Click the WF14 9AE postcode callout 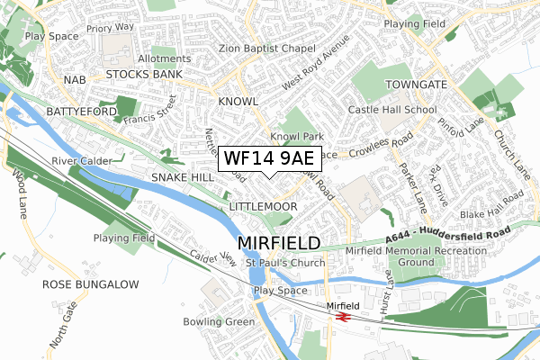(x=269, y=159)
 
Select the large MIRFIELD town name (x=279, y=243)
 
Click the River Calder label (x=82, y=161)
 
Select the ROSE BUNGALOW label (x=91, y=284)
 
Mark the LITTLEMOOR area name (x=264, y=207)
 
